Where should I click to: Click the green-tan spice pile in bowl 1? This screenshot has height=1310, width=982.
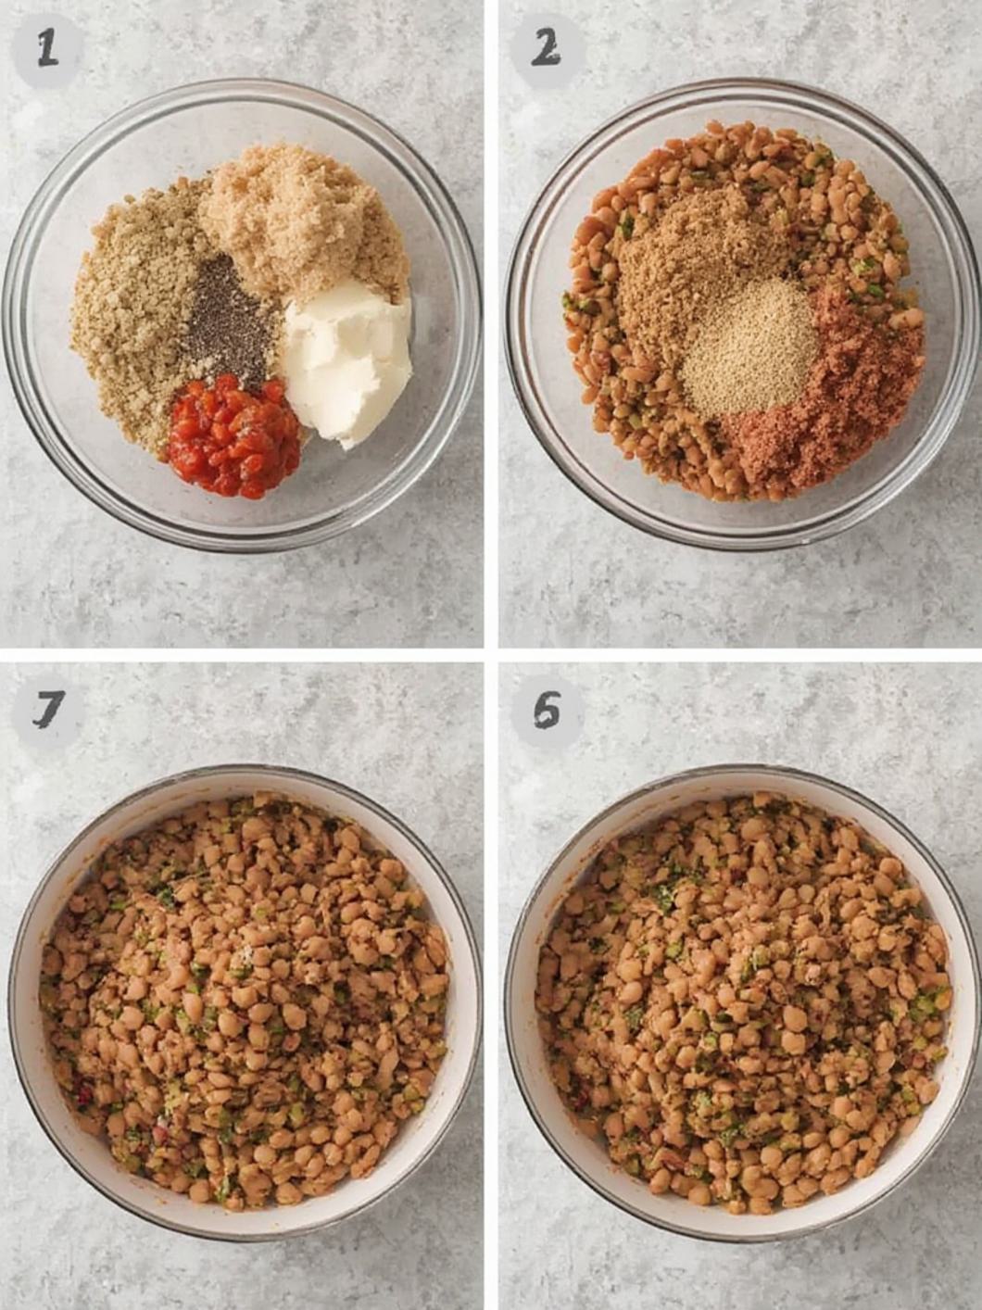130,306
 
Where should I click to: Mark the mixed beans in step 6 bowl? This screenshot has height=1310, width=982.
741,1001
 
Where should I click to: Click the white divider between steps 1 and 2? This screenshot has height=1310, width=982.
491,324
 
